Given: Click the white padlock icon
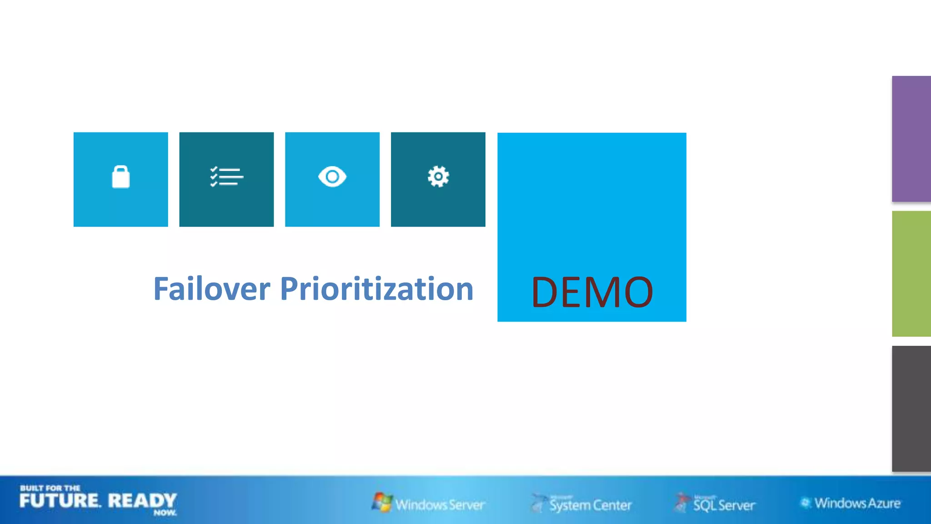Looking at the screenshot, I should [121, 177].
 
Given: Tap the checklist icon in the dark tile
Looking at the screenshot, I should [226, 177].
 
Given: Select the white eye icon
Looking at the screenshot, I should [332, 176].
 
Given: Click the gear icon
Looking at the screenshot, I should [438, 176].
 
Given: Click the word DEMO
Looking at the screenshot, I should [592, 292].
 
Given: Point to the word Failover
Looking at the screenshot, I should [212, 289].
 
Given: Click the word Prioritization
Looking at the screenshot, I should [377, 289].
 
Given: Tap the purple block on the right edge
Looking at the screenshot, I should [911, 139].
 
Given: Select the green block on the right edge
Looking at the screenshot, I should [911, 274].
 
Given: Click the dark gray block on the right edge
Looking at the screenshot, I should [911, 408].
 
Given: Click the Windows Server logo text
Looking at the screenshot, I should [440, 504].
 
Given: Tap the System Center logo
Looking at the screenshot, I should [590, 504].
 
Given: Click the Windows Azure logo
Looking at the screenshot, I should [857, 503].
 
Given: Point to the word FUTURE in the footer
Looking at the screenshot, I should [60, 501].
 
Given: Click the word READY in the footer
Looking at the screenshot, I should [142, 501].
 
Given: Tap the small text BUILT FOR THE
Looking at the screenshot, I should [50, 488].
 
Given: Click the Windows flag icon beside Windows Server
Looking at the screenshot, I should [382, 502].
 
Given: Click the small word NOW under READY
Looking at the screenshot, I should [165, 513].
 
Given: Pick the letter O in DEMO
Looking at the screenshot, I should [635, 292].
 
